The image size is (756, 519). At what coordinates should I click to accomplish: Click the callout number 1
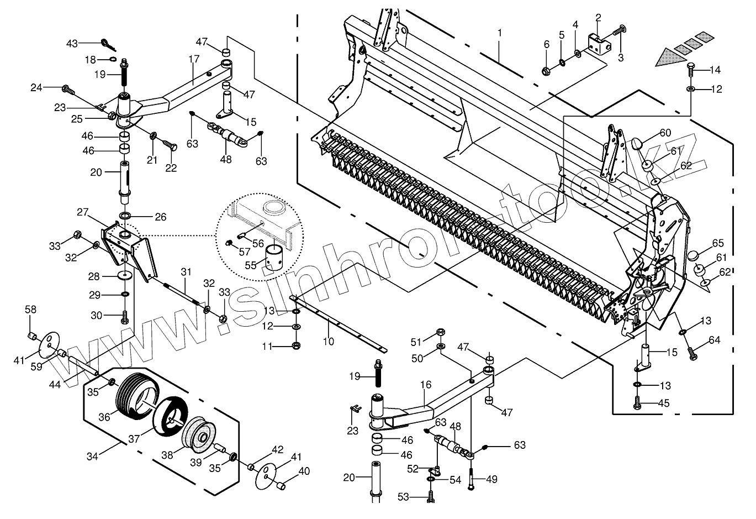(x=500, y=33)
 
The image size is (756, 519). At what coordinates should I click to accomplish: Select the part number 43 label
(x=72, y=43)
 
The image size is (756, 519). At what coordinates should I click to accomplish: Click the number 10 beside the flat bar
(x=329, y=342)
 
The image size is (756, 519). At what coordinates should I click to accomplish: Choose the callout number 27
(x=83, y=212)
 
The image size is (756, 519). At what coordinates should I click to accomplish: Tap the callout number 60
(x=665, y=133)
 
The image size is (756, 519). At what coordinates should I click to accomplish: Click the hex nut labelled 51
(x=441, y=333)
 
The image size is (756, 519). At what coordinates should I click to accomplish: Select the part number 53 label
(x=404, y=497)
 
